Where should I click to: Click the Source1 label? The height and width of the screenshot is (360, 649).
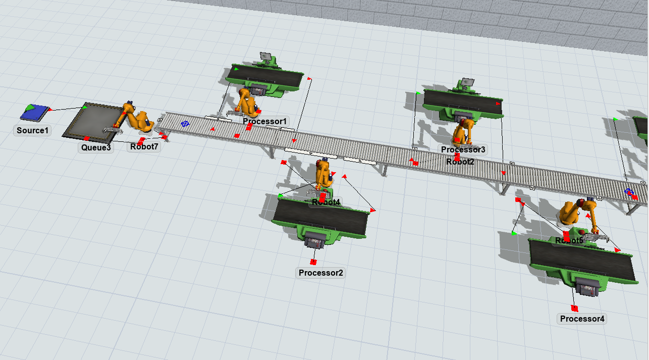pyautogui.click(x=32, y=130)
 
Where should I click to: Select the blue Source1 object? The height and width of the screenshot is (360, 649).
pyautogui.click(x=35, y=113)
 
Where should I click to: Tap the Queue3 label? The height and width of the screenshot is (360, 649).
pyautogui.click(x=95, y=147)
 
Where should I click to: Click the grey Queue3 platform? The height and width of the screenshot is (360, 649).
pyautogui.click(x=94, y=122)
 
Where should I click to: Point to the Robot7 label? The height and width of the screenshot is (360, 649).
pyautogui.click(x=144, y=146)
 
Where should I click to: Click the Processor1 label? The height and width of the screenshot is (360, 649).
pyautogui.click(x=264, y=121)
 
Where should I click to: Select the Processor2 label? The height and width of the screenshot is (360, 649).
pyautogui.click(x=320, y=273)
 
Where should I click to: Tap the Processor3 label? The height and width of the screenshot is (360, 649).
pyautogui.click(x=463, y=149)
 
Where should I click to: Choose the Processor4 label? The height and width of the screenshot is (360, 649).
pyautogui.click(x=582, y=319)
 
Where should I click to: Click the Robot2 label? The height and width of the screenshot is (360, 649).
pyautogui.click(x=460, y=162)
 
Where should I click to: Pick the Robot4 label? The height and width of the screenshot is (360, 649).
pyautogui.click(x=326, y=202)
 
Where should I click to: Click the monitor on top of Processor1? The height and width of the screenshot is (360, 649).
pyautogui.click(x=265, y=56)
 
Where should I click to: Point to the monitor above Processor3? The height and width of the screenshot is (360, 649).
pyautogui.click(x=467, y=82)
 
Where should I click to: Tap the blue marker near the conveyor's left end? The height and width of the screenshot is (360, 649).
pyautogui.click(x=185, y=124)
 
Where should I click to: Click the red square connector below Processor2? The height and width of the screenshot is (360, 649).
pyautogui.click(x=313, y=262)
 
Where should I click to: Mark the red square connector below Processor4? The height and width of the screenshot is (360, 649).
pyautogui.click(x=574, y=308)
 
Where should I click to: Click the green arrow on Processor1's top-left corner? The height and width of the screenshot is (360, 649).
pyautogui.click(x=236, y=69)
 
